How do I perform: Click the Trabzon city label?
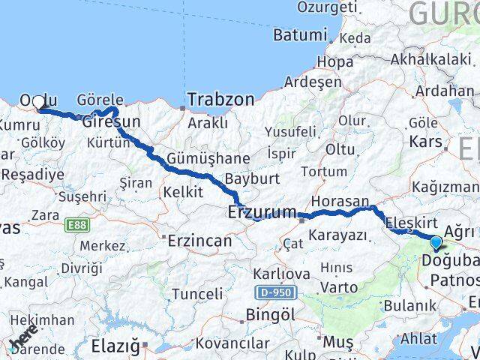click(x=220, y=99)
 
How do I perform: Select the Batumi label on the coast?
click(x=300, y=35)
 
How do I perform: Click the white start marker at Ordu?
click(x=39, y=102)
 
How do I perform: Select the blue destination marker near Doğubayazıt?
click(x=436, y=241)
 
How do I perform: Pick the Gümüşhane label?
click(x=197, y=159)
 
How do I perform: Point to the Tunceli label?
click(x=197, y=293)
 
